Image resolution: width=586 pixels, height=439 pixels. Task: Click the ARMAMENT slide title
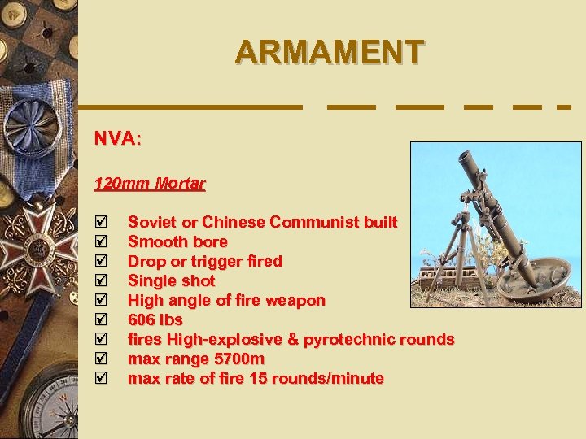[329, 52]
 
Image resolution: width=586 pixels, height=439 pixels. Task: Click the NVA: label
[118, 139]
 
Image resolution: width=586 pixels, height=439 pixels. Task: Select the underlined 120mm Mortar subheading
[150, 184]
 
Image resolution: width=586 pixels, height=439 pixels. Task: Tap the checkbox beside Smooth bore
[100, 241]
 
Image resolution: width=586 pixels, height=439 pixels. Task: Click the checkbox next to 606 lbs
[100, 319]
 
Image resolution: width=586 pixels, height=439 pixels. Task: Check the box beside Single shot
[100, 280]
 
